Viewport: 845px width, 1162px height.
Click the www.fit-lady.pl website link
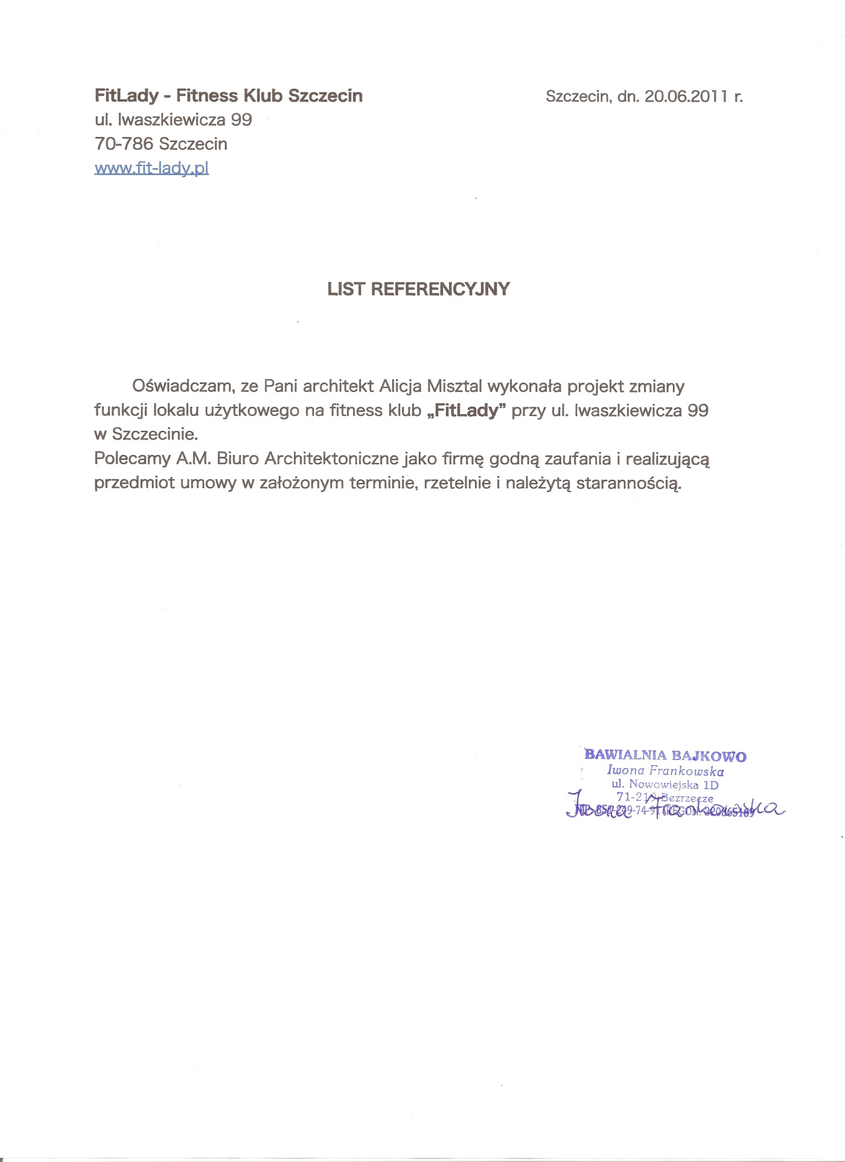(x=151, y=168)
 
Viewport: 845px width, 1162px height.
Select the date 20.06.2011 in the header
(x=686, y=97)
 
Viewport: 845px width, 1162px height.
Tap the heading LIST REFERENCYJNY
(x=418, y=289)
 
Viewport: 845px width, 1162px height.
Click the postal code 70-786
(x=124, y=144)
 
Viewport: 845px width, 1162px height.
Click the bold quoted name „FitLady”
(x=466, y=411)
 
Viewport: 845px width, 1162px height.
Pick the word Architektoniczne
(x=331, y=459)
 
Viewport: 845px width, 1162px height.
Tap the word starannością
(x=629, y=484)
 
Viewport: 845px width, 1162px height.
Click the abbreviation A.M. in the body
(x=193, y=459)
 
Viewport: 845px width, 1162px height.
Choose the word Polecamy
(x=132, y=459)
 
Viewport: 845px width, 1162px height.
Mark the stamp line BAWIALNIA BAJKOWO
(x=665, y=755)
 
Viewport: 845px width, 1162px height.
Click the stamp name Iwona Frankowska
(x=665, y=771)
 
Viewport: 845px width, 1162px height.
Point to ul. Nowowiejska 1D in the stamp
(x=665, y=785)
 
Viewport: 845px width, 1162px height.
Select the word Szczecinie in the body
(x=155, y=435)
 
